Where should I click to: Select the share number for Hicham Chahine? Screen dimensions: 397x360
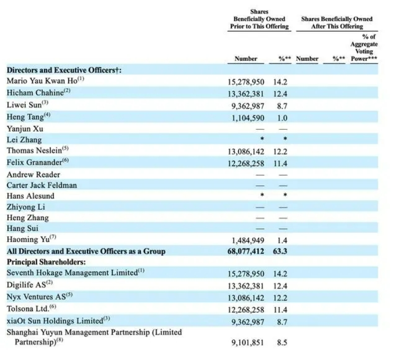point(246,94)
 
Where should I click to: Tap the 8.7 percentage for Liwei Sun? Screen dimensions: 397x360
point(282,106)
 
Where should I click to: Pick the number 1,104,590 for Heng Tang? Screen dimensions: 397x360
point(248,118)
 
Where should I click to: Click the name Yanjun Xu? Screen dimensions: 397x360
point(25,129)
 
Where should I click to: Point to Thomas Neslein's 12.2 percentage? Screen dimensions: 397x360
point(280,151)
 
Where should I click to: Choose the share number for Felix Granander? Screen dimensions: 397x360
point(246,164)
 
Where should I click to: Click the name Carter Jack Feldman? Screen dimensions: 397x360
point(41,185)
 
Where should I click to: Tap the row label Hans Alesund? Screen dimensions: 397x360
point(30,196)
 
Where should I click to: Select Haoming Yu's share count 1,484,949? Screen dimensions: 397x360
point(248,240)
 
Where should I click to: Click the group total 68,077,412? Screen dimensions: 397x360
point(246,251)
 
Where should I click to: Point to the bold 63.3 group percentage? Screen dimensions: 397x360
point(280,251)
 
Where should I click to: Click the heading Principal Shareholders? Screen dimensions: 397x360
point(46,262)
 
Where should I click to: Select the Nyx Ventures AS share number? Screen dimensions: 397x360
point(246,298)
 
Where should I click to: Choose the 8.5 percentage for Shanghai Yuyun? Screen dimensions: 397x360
point(282,343)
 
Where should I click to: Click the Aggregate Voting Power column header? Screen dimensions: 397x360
point(364,48)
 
